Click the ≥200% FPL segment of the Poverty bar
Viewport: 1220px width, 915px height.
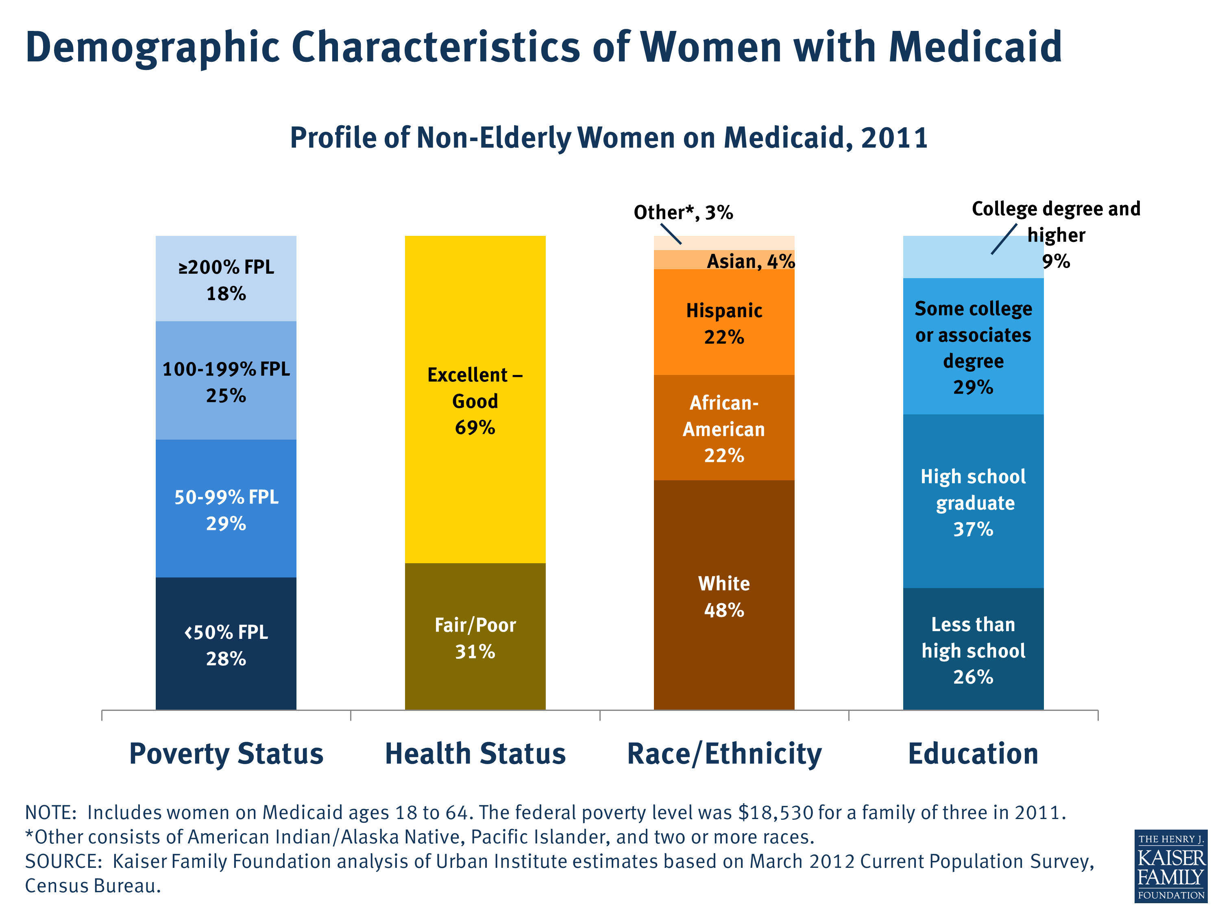coord(226,279)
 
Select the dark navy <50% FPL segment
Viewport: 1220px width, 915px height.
coord(226,644)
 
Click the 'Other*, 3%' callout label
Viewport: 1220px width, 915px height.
coord(683,212)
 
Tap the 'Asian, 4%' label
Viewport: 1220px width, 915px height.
coord(751,261)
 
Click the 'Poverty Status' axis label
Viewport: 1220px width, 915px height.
coord(226,754)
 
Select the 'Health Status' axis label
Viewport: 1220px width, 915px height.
coord(475,754)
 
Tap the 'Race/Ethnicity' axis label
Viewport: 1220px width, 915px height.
coord(724,754)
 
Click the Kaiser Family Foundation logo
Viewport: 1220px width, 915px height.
coord(1170,866)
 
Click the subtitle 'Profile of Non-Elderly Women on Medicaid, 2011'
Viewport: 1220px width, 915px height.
coord(609,137)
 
